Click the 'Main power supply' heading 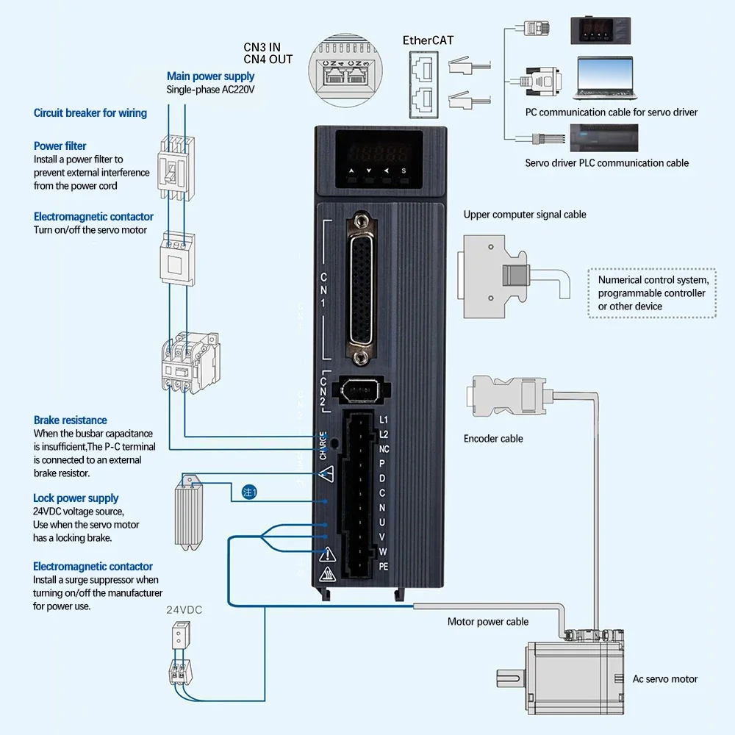pyautogui.click(x=210, y=76)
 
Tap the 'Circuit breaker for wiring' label pyautogui.click(x=90, y=113)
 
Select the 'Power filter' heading pyautogui.click(x=60, y=146)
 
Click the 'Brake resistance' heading pyautogui.click(x=70, y=420)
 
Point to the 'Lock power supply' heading pyautogui.click(x=76, y=498)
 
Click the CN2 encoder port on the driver pyautogui.click(x=358, y=389)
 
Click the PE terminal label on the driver pyautogui.click(x=383, y=567)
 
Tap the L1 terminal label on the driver pyautogui.click(x=383, y=420)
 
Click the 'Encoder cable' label pyautogui.click(x=493, y=439)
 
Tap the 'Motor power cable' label pyautogui.click(x=488, y=622)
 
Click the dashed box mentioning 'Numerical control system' pyautogui.click(x=653, y=293)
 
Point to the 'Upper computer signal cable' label pyautogui.click(x=525, y=215)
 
